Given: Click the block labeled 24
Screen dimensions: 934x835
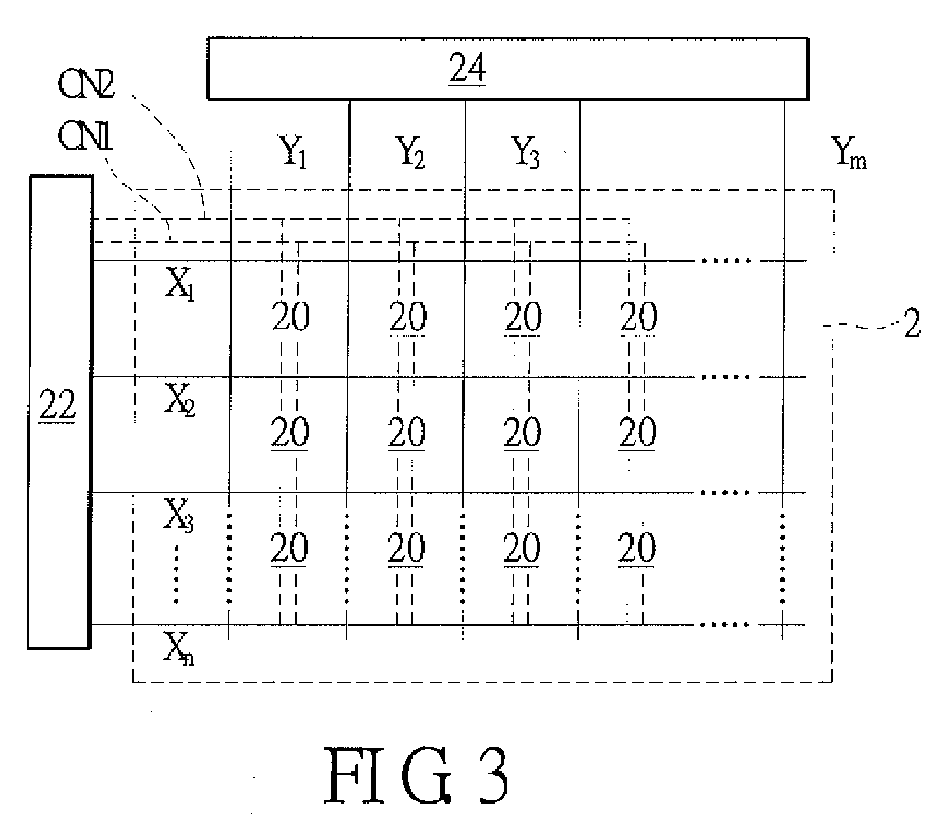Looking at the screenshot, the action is point(507,69).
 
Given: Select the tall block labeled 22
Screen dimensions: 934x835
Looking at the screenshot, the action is point(60,412).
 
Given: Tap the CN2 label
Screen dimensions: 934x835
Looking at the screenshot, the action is point(86,84).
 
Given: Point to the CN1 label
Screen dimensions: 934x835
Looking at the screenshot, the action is point(85,136).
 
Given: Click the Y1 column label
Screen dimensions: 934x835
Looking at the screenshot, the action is point(292,151).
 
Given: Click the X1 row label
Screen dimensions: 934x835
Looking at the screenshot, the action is point(180,284).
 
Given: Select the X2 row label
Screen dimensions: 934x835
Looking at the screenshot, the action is point(180,400).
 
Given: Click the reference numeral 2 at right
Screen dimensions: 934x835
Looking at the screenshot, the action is point(912,323).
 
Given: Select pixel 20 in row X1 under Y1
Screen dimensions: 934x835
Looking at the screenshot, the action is point(290,316).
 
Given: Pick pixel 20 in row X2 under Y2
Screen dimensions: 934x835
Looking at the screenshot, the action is point(406,432).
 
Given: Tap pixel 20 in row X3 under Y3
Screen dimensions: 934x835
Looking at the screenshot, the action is point(521,547).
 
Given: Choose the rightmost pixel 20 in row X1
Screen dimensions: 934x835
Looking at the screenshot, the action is point(639,316).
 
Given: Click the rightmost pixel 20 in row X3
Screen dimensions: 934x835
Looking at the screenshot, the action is point(637,547).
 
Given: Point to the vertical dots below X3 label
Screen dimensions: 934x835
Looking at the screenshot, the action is point(176,574).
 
